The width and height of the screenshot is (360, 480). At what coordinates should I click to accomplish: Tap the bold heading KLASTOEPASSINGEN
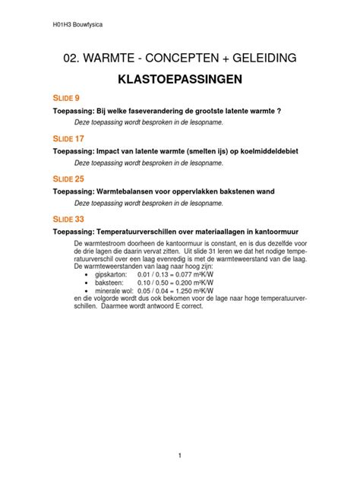click(179, 80)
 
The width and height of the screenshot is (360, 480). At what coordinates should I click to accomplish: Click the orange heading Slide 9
click(68, 98)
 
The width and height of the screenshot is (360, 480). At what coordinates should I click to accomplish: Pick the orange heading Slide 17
click(70, 138)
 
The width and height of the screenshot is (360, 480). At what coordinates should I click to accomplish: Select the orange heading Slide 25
click(70, 179)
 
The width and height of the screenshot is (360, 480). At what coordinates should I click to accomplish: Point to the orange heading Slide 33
click(70, 219)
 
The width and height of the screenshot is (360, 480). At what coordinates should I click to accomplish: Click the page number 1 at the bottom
click(179, 456)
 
